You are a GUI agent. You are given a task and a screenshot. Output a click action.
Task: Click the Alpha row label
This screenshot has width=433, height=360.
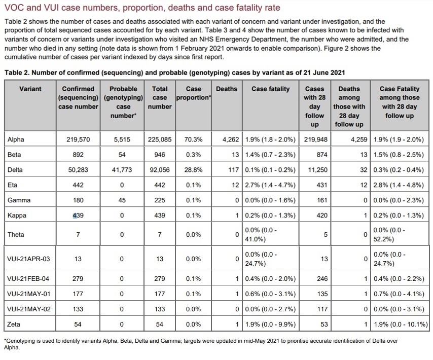tap(16, 139)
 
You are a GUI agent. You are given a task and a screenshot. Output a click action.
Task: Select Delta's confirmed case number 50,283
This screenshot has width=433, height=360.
tap(78, 170)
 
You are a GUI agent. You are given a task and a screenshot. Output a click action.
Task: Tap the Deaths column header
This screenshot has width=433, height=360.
tap(226, 89)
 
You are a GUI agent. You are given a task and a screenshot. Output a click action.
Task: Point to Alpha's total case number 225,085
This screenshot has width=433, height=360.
tap(160, 139)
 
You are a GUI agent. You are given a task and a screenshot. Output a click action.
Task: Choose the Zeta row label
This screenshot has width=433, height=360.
tap(14, 324)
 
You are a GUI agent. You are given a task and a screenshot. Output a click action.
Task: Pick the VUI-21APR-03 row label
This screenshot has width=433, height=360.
tap(29, 259)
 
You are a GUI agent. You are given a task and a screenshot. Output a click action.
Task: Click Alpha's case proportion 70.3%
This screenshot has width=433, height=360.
tap(194, 139)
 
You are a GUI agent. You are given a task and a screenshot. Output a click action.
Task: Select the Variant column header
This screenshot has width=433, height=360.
tap(30, 89)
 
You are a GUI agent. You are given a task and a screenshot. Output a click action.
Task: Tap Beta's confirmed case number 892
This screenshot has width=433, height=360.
tap(78, 155)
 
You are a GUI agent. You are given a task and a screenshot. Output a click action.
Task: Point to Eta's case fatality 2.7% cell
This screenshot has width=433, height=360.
tap(271, 185)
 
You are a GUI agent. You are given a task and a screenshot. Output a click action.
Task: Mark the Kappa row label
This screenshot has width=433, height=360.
tap(17, 215)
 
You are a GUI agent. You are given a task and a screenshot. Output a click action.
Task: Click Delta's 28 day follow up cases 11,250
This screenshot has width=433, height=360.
tap(314, 170)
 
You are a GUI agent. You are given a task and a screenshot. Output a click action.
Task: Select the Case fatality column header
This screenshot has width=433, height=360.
tap(271, 89)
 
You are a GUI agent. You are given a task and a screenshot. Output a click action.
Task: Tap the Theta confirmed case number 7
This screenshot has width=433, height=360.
tap(78, 235)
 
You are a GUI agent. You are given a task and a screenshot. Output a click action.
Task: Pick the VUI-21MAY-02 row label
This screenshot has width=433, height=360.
tap(29, 309)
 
